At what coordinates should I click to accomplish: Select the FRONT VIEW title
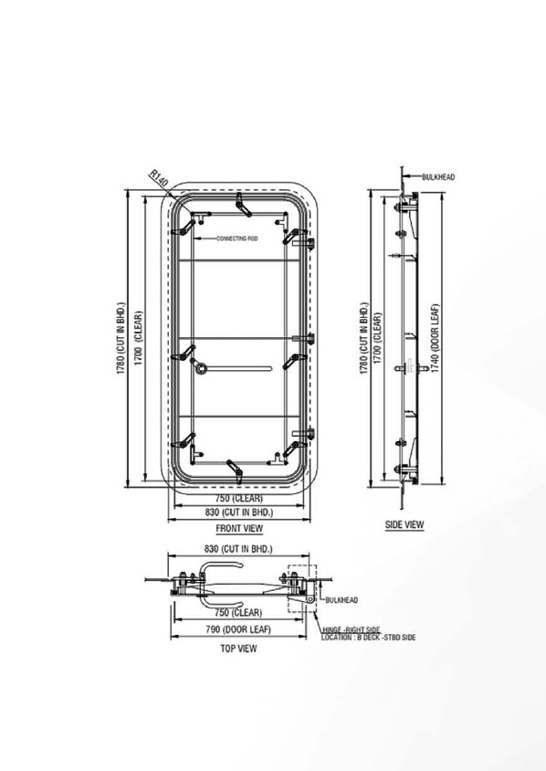click(239, 528)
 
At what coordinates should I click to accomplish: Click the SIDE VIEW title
click(404, 525)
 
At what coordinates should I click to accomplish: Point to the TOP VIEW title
click(238, 649)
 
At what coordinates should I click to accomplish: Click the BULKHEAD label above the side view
click(438, 177)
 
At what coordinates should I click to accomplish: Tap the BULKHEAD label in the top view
click(341, 600)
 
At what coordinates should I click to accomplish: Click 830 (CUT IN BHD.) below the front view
click(239, 513)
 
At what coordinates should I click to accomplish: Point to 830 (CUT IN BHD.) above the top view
click(240, 549)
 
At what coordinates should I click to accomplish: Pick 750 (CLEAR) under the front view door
click(239, 500)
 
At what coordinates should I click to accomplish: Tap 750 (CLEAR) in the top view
click(239, 613)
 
